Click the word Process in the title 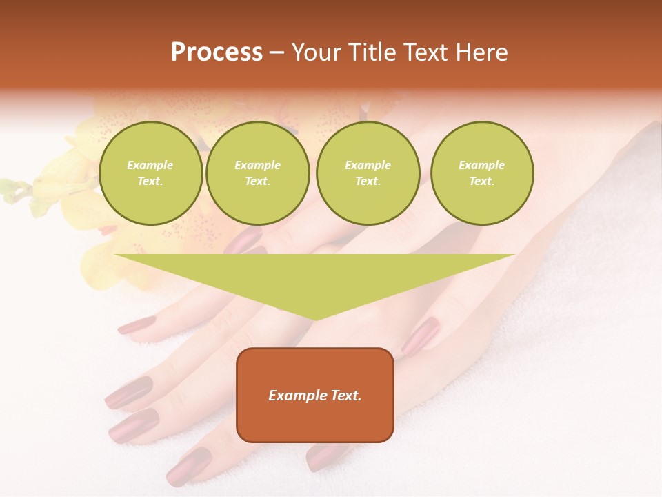pyautogui.click(x=217, y=52)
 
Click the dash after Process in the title pyautogui.click(x=277, y=54)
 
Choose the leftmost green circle pyautogui.click(x=150, y=173)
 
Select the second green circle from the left pyautogui.click(x=257, y=173)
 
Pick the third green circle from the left pyautogui.click(x=368, y=173)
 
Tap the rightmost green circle pyautogui.click(x=481, y=173)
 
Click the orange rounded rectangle pyautogui.click(x=315, y=395)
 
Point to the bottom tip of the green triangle pyautogui.click(x=315, y=319)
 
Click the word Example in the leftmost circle pyautogui.click(x=150, y=165)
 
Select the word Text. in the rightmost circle pyautogui.click(x=481, y=182)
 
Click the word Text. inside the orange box pyautogui.click(x=345, y=396)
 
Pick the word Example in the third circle pyautogui.click(x=368, y=165)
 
